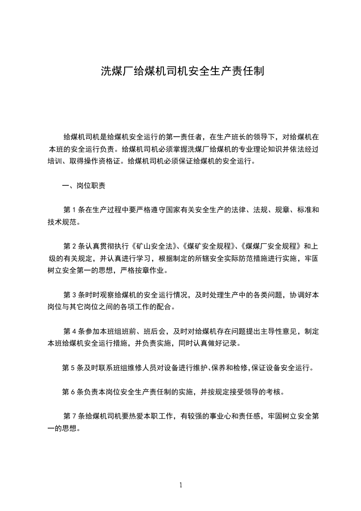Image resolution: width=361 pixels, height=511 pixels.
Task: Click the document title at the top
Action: tap(182, 72)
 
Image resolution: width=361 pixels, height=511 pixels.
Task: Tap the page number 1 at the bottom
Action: tap(181, 485)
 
